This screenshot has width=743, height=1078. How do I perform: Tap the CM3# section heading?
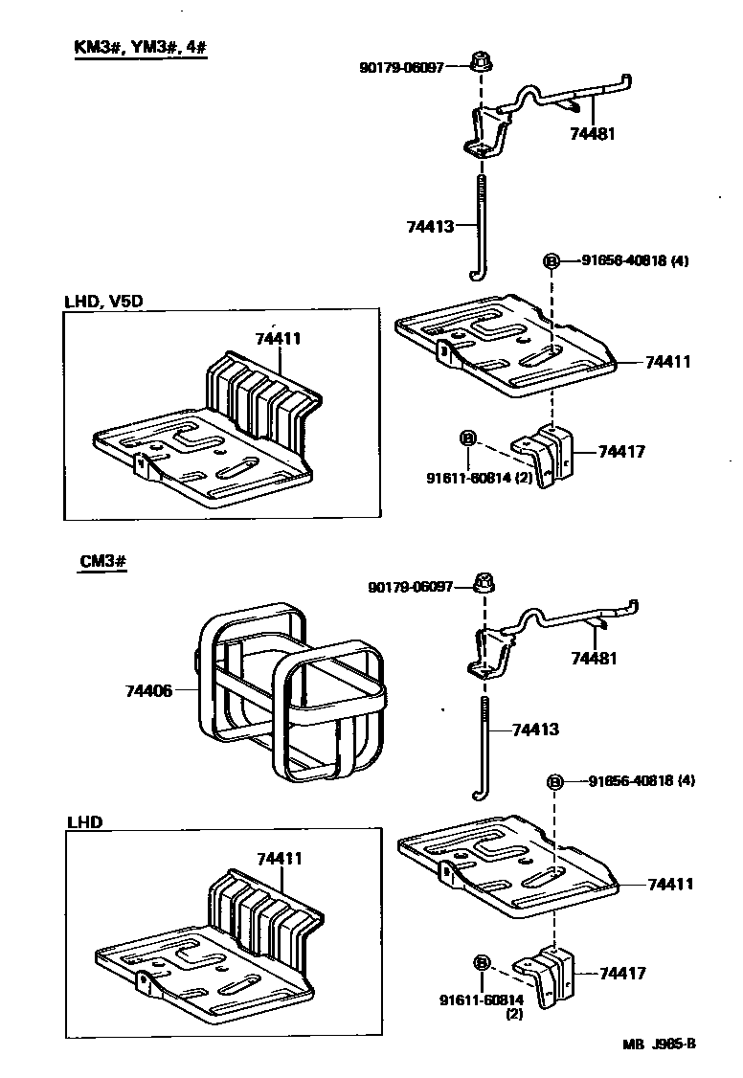tap(102, 562)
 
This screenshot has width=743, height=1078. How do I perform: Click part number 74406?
tap(147, 689)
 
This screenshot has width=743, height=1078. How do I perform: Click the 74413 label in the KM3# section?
tap(428, 226)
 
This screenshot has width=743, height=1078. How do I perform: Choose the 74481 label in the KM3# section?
tap(591, 134)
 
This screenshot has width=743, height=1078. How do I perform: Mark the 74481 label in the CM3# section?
tap(595, 659)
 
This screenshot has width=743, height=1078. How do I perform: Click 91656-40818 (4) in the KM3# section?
tap(634, 260)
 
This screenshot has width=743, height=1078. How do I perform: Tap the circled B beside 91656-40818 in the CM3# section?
tap(554, 782)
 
